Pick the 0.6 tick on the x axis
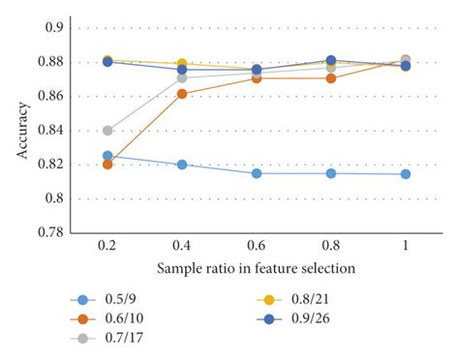pyautogui.click(x=256, y=246)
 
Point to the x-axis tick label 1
pyautogui.click(x=405, y=246)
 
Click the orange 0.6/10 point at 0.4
pyautogui.click(x=182, y=94)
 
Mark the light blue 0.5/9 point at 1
pyautogui.click(x=405, y=174)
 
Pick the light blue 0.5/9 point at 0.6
pyautogui.click(x=256, y=173)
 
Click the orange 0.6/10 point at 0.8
pyautogui.click(x=330, y=78)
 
